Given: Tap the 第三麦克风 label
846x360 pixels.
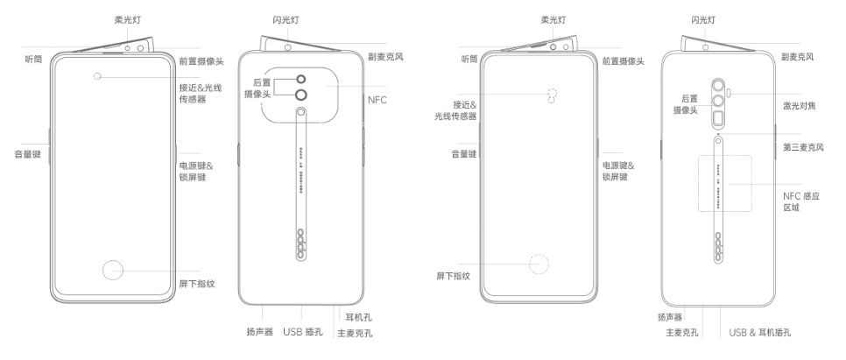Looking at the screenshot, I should pyautogui.click(x=802, y=147).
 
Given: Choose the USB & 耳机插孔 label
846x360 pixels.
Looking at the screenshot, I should pyautogui.click(x=760, y=333).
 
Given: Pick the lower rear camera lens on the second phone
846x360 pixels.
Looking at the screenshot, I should pyautogui.click(x=301, y=95).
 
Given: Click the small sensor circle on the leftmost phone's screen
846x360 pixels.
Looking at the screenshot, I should pyautogui.click(x=97, y=77).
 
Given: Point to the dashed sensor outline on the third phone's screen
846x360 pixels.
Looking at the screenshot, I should pyautogui.click(x=552, y=95).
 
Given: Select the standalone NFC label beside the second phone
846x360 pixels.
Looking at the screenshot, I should pyautogui.click(x=377, y=100).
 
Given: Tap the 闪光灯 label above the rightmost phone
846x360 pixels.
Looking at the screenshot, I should pyautogui.click(x=703, y=18).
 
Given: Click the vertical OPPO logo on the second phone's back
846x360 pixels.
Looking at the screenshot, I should pyautogui.click(x=300, y=245).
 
